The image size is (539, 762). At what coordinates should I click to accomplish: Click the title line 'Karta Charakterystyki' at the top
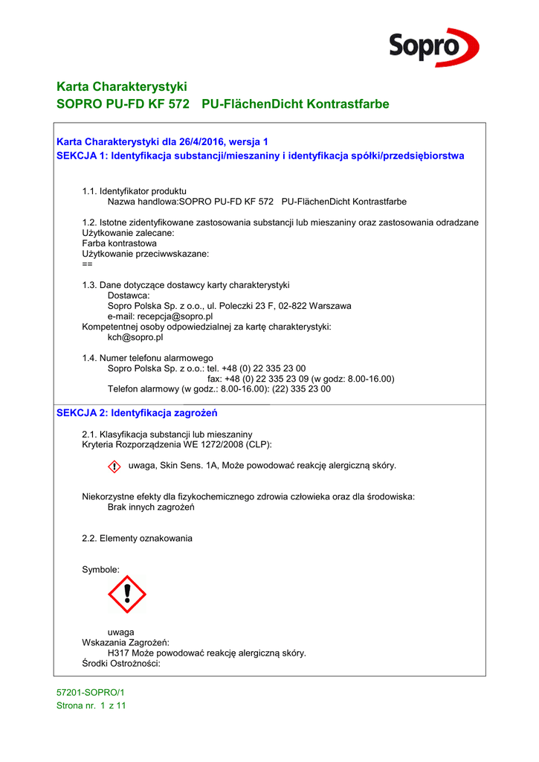coord(121,86)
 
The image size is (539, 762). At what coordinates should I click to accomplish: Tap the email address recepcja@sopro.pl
coord(161,316)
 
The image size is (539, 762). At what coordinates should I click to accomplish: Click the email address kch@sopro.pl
coord(135,337)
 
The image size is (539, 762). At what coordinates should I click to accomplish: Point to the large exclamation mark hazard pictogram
coord(127,594)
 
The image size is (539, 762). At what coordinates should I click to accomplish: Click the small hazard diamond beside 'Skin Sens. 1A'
coord(114,467)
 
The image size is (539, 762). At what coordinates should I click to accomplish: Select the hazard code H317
coord(119,653)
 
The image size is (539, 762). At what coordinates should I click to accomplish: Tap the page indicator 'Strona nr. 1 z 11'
coord(91,706)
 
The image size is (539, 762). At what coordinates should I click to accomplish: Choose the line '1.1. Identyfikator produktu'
coord(134,191)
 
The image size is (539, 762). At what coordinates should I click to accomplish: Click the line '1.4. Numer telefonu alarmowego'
coord(147,358)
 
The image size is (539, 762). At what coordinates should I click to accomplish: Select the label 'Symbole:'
coord(100,569)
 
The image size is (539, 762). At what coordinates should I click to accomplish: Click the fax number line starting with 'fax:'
coord(300,379)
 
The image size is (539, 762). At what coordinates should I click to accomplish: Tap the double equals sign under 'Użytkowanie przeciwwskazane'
coord(87,264)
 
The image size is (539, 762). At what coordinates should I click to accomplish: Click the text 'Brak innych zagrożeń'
coord(151,507)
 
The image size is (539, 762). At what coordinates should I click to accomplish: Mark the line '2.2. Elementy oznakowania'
coord(137,538)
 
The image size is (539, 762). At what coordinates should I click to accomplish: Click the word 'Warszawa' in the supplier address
coord(332,306)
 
